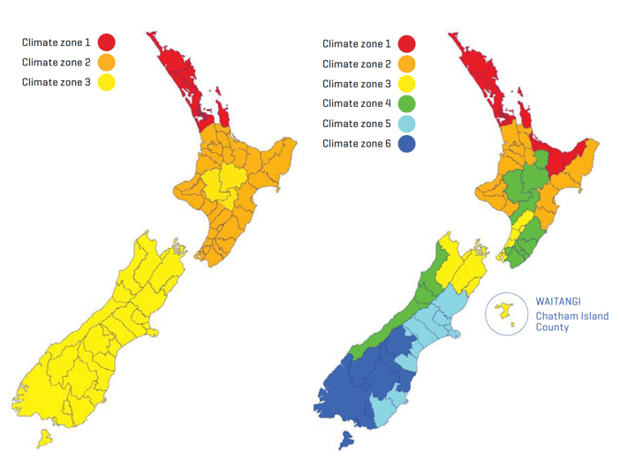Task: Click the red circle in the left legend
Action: tap(106, 42)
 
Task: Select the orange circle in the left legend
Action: tap(106, 63)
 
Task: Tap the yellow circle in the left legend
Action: tap(106, 82)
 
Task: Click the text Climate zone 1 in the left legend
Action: tap(56, 42)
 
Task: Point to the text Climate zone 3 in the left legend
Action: tap(56, 82)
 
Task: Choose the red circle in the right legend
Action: tap(406, 43)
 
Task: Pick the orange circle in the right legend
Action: tap(406, 64)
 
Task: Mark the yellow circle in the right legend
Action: tap(406, 84)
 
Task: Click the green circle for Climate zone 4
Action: tap(406, 103)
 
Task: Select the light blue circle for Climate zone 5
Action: tap(406, 124)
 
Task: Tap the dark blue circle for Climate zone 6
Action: tap(406, 143)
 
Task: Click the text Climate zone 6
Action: tap(356, 143)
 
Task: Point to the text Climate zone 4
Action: tap(356, 103)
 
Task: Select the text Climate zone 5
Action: tap(356, 124)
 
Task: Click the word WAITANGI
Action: tap(558, 301)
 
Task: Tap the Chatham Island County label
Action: tap(571, 321)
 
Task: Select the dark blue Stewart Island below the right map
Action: tap(346, 439)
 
